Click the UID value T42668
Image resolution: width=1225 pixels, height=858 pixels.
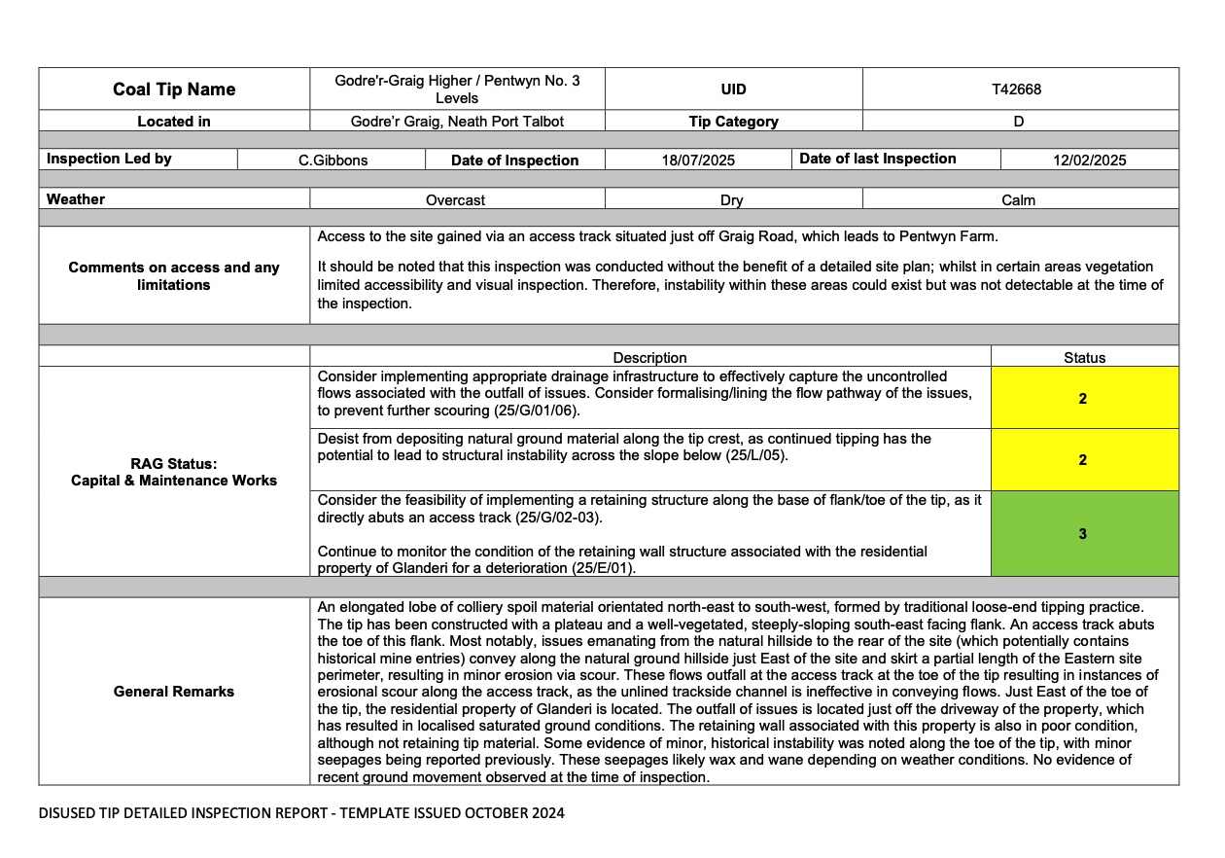click(x=1016, y=89)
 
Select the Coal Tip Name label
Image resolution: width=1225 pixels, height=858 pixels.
click(x=174, y=89)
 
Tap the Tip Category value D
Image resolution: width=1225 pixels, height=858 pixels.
click(x=1019, y=122)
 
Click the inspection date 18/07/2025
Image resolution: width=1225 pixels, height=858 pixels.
click(x=698, y=161)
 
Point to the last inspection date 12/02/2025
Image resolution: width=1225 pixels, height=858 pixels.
click(x=1089, y=161)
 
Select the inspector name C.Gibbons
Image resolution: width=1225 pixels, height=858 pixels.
click(x=332, y=161)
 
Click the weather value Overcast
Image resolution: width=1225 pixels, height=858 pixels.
click(x=455, y=200)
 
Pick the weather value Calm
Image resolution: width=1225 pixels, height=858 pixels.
click(x=1018, y=200)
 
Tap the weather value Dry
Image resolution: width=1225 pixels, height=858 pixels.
click(x=731, y=200)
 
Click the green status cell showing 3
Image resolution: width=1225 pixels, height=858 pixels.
click(x=1083, y=533)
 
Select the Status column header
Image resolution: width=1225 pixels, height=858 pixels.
click(x=1084, y=358)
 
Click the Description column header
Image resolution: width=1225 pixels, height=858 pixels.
click(x=649, y=358)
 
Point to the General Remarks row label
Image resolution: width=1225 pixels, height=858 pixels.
click(x=174, y=692)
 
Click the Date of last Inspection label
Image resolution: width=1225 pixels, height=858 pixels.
click(x=877, y=159)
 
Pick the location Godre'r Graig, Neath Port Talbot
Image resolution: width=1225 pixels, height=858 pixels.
click(x=457, y=122)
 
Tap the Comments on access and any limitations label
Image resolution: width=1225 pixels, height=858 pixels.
click(x=174, y=276)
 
